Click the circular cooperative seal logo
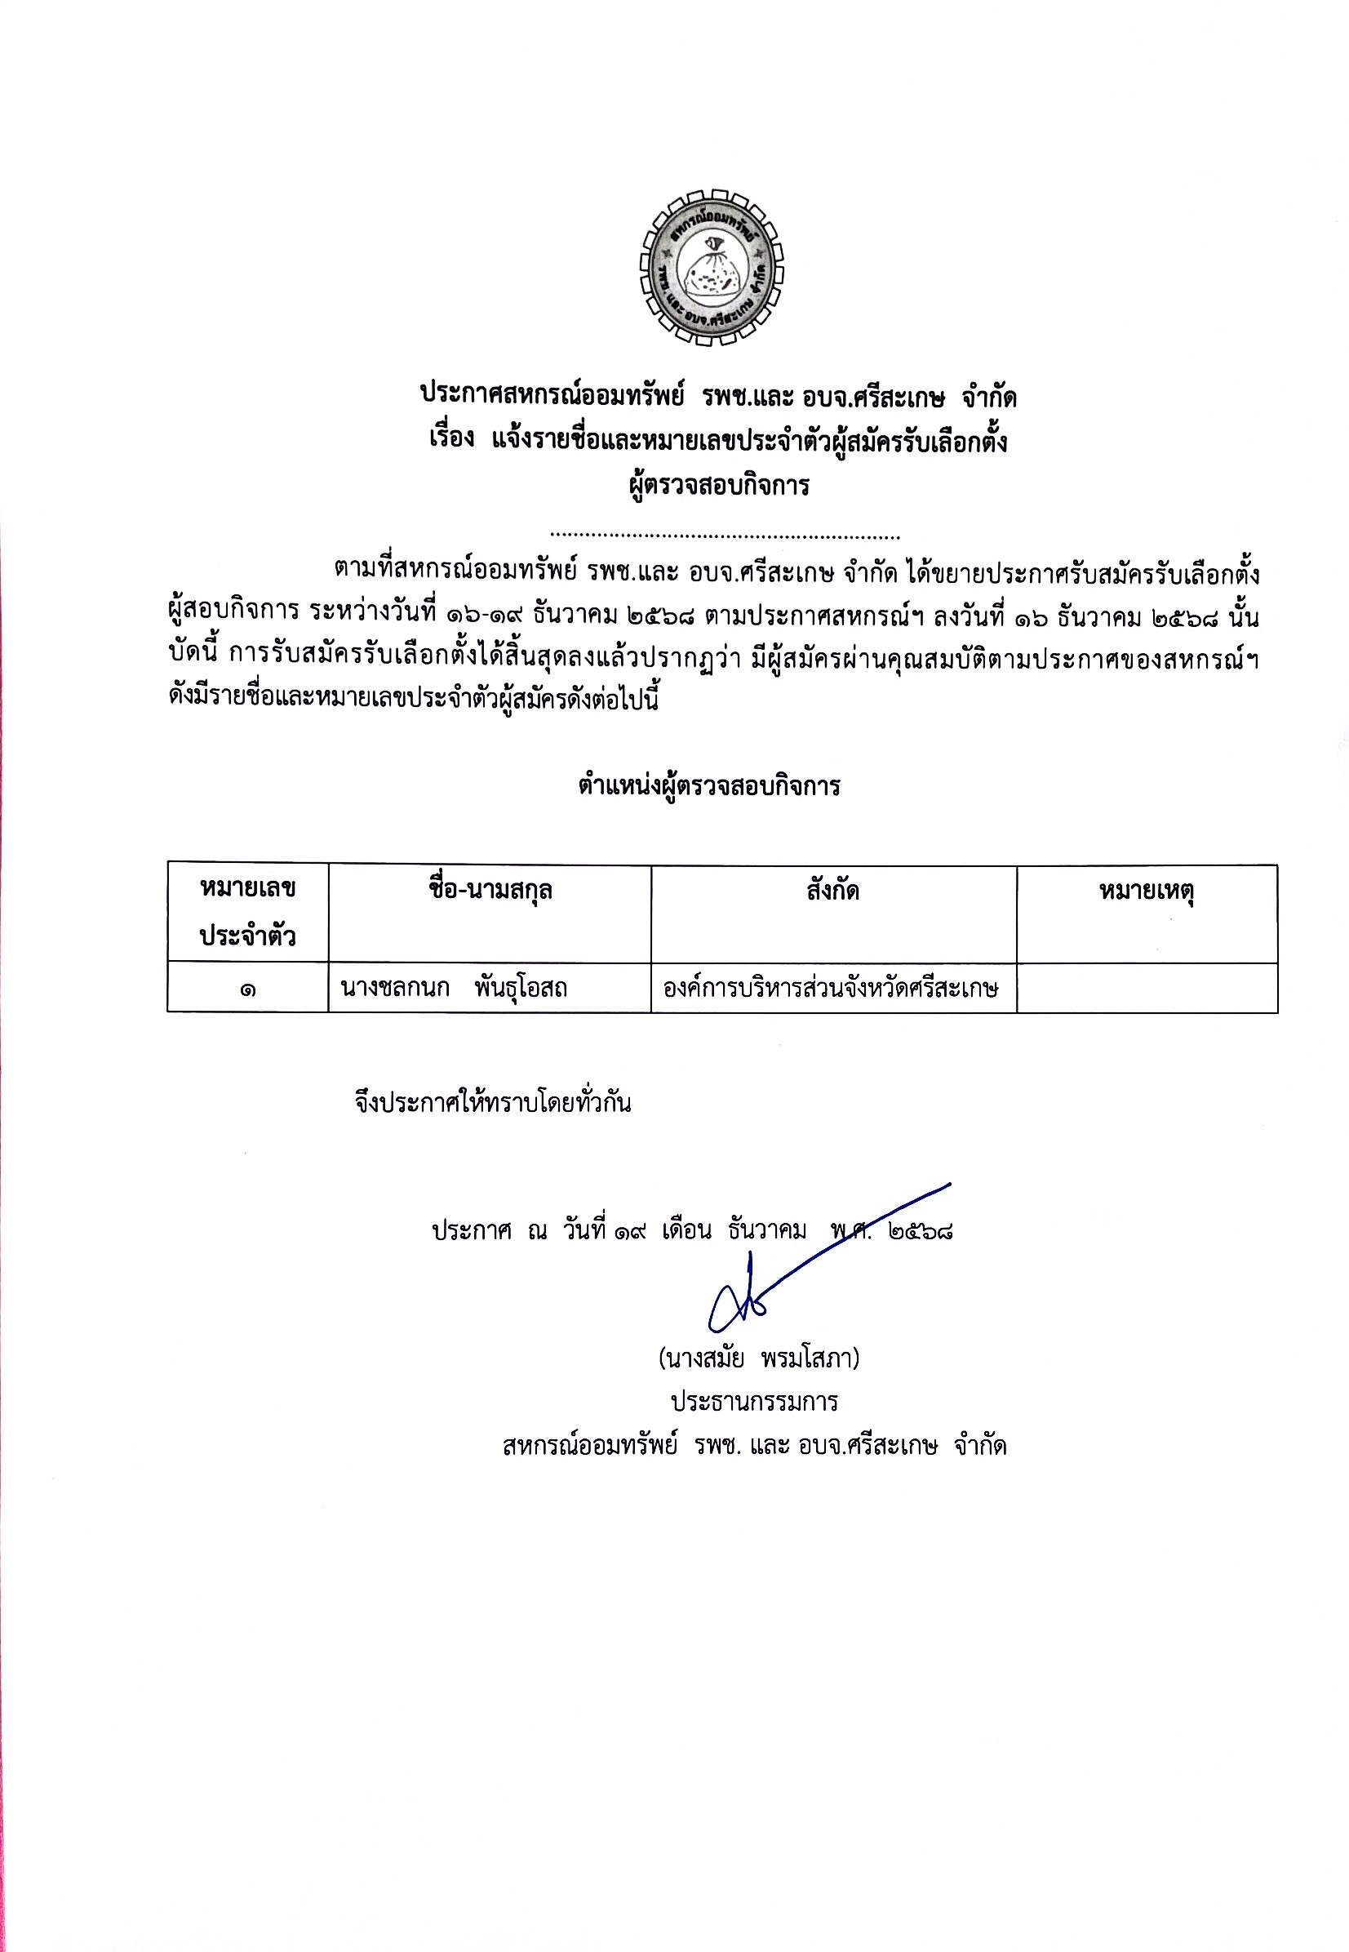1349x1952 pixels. click(711, 267)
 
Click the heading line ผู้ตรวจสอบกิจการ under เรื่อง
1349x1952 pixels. click(719, 485)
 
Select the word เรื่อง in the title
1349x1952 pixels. click(451, 438)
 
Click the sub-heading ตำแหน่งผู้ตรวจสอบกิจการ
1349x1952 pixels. click(709, 786)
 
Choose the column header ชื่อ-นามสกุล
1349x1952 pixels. click(490, 890)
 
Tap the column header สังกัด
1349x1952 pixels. click(832, 890)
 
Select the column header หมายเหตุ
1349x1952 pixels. click(1146, 891)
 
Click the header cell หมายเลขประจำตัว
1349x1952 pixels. click(247, 912)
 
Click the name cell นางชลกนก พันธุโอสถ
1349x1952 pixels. click(454, 987)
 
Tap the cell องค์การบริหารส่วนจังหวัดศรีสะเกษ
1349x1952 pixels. click(831, 987)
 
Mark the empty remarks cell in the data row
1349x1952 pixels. click(1146, 987)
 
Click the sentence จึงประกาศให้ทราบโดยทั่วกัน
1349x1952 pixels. click(493, 1103)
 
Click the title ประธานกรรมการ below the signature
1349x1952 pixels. click(754, 1402)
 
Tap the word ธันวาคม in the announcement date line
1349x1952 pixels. click(767, 1230)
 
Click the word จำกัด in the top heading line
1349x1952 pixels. click(989, 397)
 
